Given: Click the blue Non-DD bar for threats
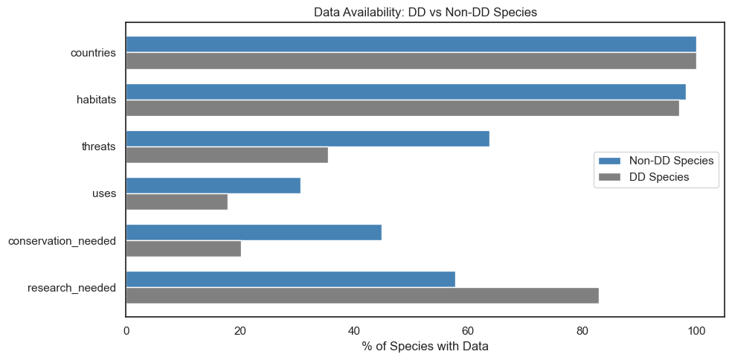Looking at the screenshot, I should (307, 138).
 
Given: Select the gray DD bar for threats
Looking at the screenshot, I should (227, 155).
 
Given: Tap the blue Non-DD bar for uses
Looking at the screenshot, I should (213, 185).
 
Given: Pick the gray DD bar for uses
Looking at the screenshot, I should (176, 202).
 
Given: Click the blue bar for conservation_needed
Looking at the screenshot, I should (254, 232).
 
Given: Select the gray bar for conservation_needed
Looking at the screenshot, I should (183, 248).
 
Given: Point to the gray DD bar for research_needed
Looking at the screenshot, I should (362, 295).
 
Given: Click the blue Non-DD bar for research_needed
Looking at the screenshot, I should (290, 279).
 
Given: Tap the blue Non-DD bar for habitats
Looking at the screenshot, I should (405, 91).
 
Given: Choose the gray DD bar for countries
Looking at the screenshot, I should (411, 61).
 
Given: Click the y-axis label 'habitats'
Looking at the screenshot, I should (96, 100).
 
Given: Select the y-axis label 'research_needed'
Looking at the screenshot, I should (71, 287).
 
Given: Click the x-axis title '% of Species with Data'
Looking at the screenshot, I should (425, 347).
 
